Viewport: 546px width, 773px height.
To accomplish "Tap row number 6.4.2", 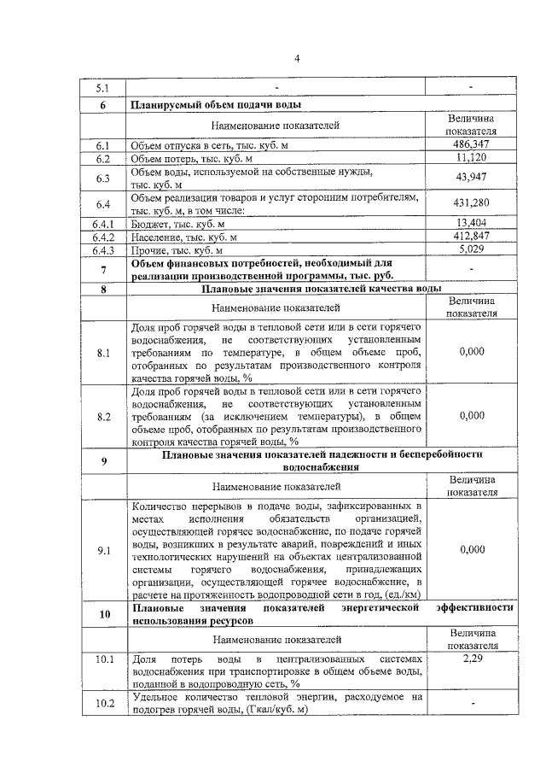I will pyautogui.click(x=103, y=237).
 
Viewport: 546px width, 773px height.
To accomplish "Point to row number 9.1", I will pyautogui.click(x=103, y=550).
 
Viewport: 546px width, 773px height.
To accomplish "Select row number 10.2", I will pyautogui.click(x=103, y=704).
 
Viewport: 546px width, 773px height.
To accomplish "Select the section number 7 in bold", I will pyautogui.click(x=103, y=270).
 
